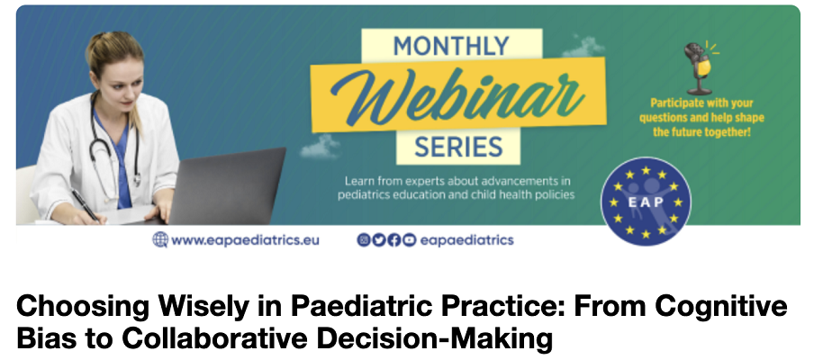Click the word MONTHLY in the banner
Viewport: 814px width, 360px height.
451,47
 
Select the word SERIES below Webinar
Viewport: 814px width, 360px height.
457,147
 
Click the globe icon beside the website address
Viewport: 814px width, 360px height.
160,239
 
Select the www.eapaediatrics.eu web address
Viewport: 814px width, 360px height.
245,240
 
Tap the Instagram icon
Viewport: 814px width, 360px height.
364,240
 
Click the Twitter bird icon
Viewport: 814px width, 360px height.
379,240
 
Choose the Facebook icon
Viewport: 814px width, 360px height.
394,240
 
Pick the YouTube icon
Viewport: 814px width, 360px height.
410,240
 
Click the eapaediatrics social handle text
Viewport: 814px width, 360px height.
466,240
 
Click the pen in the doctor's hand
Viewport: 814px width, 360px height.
86,206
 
